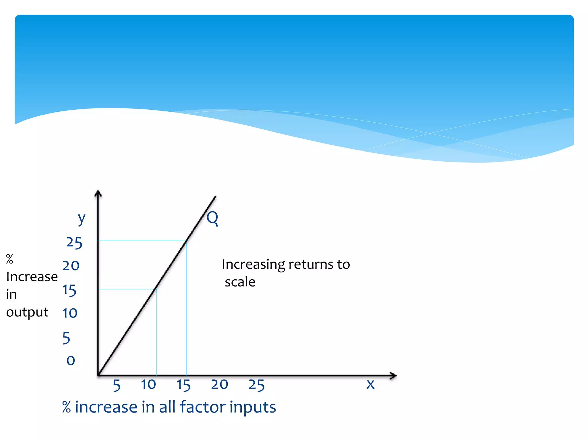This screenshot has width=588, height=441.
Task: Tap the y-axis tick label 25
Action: [74, 243]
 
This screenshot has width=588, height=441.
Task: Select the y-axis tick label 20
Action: [71, 266]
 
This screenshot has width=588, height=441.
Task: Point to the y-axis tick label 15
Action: [69, 290]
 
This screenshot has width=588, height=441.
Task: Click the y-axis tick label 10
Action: [70, 313]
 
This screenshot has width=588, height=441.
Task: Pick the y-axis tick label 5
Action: [66, 338]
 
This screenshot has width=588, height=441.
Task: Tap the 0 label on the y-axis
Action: [71, 360]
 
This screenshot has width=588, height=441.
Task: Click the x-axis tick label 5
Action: [117, 385]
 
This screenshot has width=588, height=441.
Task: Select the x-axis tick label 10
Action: [148, 384]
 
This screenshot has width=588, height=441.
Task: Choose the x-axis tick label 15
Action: [183, 385]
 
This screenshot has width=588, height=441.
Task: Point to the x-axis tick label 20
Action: [219, 384]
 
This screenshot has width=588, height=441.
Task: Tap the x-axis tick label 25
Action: [257, 385]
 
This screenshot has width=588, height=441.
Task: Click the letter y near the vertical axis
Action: [82, 219]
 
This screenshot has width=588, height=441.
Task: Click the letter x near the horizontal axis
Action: [371, 384]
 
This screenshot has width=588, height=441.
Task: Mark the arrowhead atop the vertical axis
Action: [98, 193]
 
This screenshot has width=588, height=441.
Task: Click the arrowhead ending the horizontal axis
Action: [393, 376]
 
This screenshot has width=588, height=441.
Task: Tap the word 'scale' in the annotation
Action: [240, 282]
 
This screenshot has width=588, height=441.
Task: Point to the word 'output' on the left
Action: [27, 312]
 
